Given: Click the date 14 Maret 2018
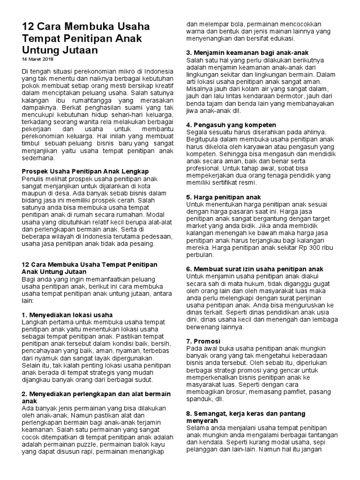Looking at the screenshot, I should click(37, 60).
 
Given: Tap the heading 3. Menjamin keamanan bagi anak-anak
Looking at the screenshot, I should click(247, 52).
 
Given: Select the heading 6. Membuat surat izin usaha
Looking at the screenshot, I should click(255, 269).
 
